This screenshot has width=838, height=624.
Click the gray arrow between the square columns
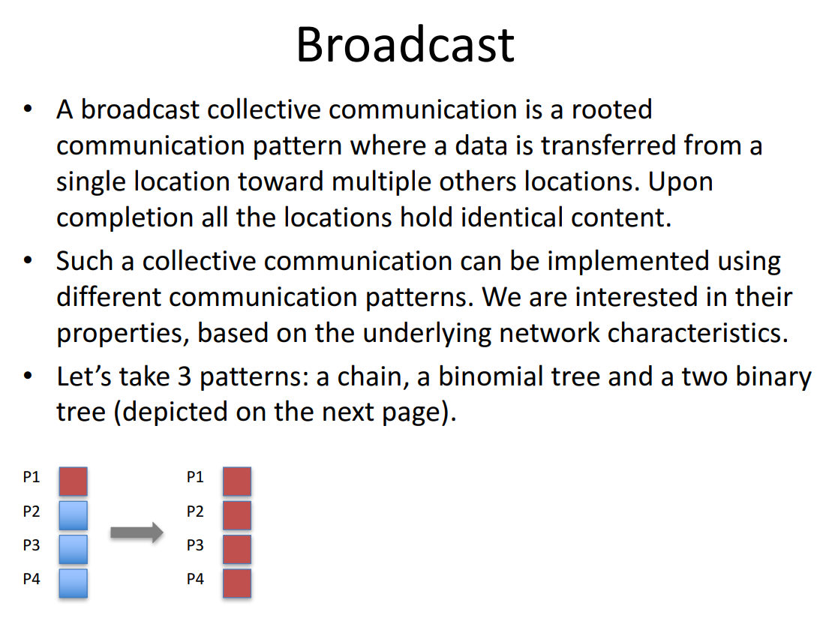(137, 532)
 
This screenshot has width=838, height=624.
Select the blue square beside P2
(74, 515)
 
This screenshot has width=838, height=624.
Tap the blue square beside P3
(74, 549)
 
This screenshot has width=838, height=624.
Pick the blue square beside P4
(74, 583)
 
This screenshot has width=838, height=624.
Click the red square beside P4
(237, 583)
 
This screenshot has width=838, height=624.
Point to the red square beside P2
(237, 515)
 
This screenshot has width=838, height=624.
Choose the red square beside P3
(237, 549)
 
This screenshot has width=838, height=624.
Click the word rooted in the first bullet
(611, 110)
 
